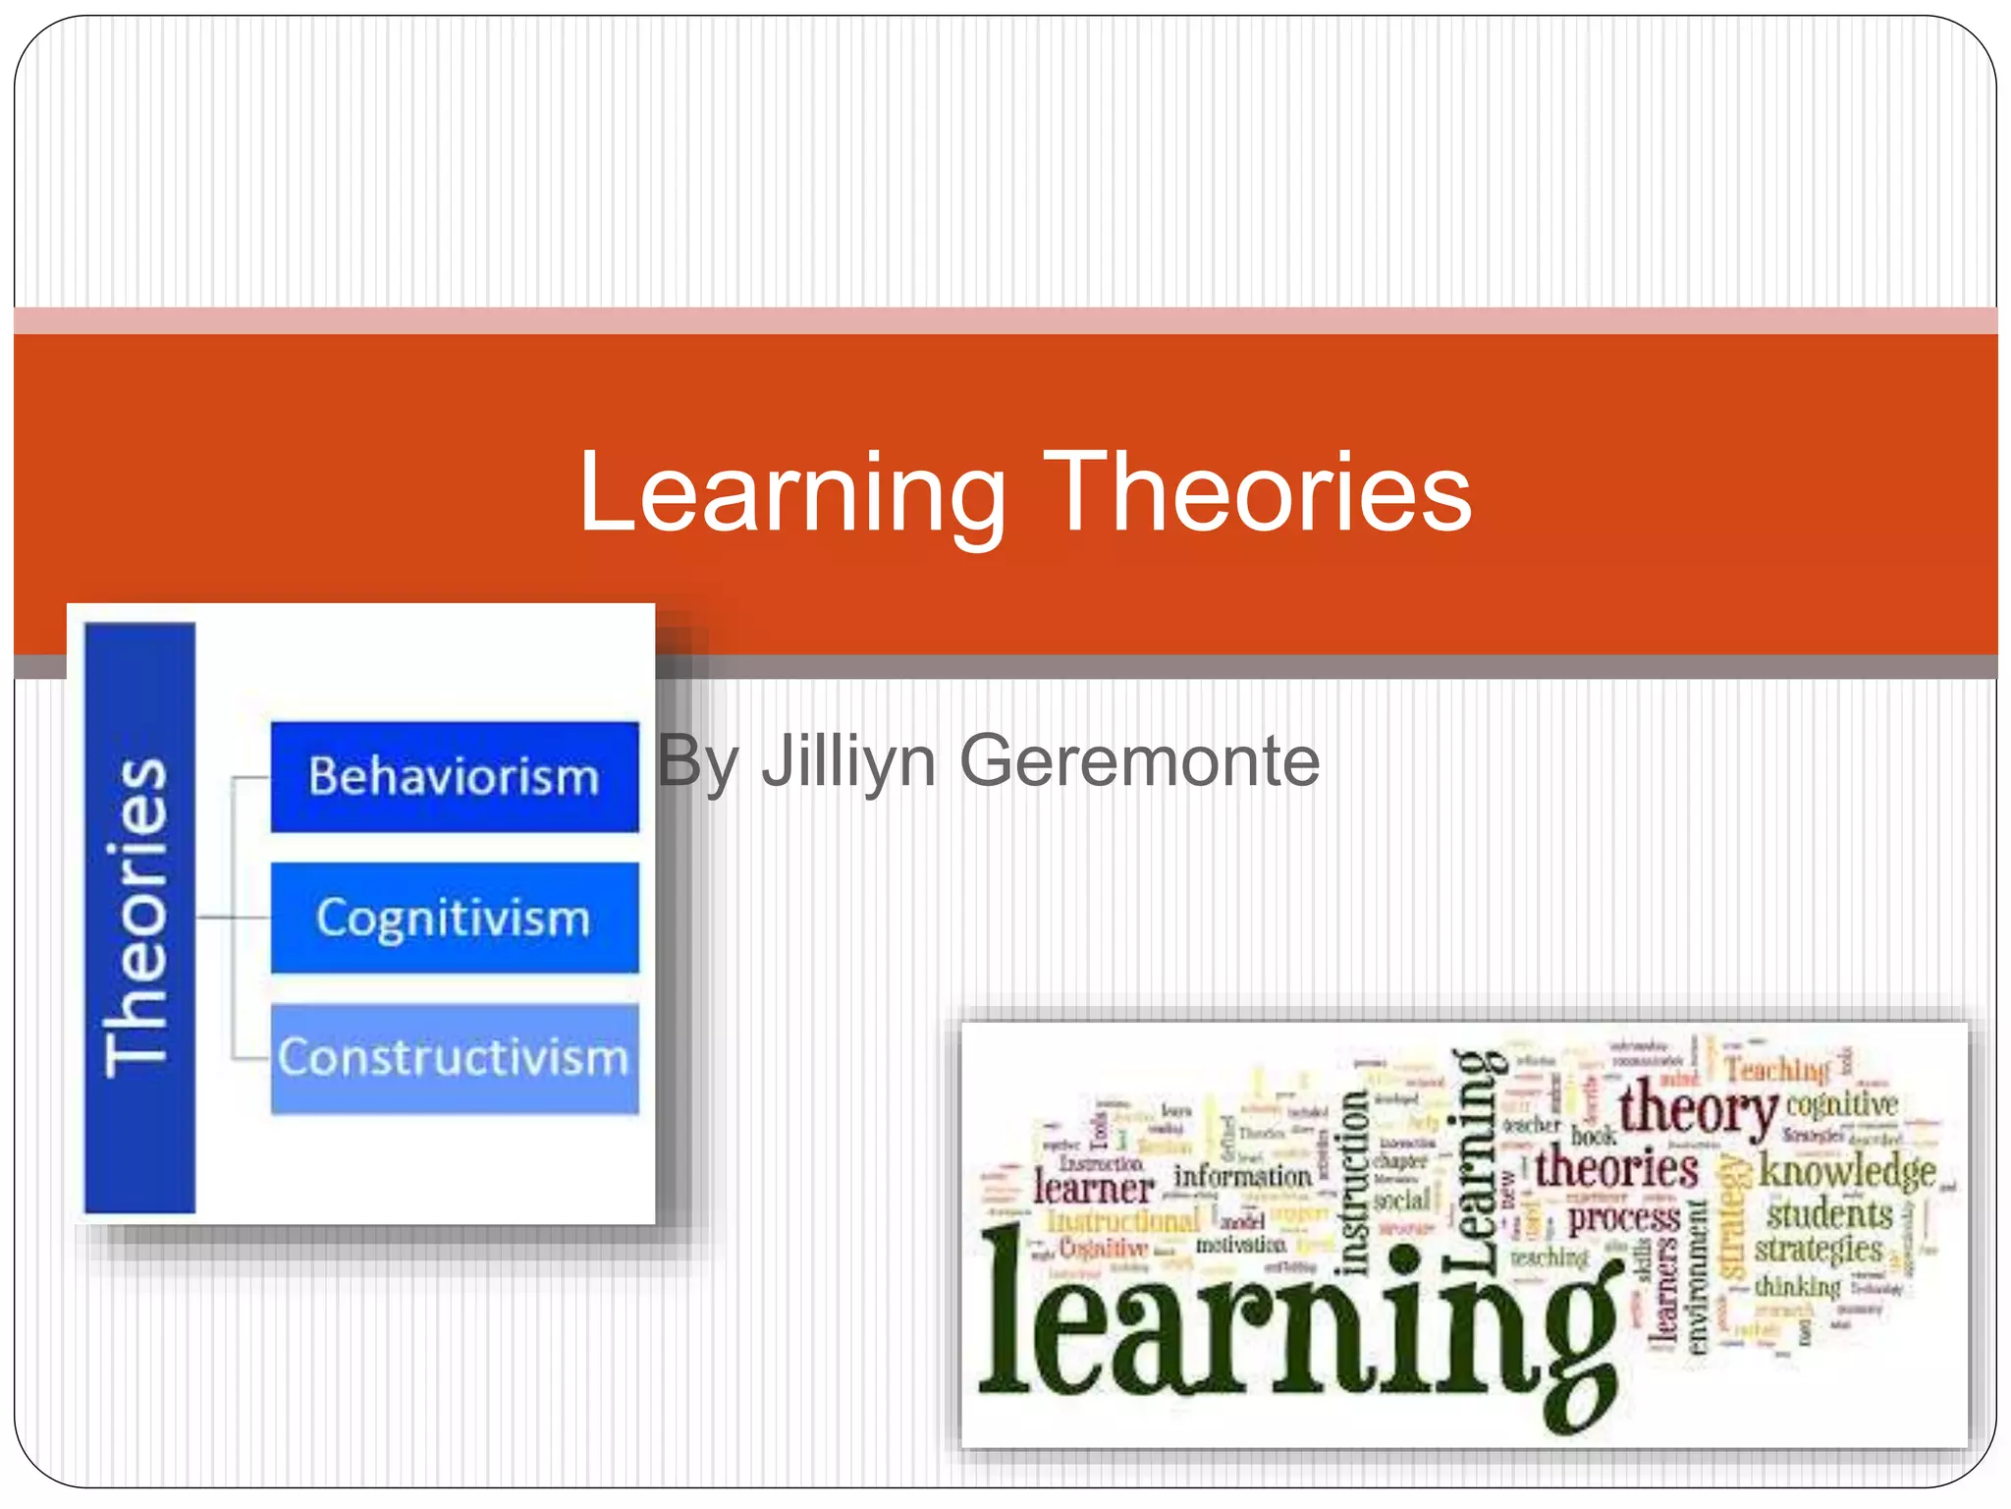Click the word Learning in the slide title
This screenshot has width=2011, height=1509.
pyautogui.click(x=791, y=493)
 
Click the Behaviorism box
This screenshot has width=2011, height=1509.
pyautogui.click(x=455, y=777)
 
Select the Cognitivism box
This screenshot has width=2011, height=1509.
pyautogui.click(x=455, y=918)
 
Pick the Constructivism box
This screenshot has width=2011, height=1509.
pyautogui.click(x=455, y=1058)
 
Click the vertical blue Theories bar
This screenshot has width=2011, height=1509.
pyautogui.click(x=139, y=918)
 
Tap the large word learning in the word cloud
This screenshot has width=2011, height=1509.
pyautogui.click(x=1296, y=1326)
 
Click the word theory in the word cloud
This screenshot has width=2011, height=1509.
pyautogui.click(x=1697, y=1110)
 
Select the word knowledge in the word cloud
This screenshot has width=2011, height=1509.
pyautogui.click(x=1846, y=1171)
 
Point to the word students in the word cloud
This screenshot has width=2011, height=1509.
pyautogui.click(x=1828, y=1214)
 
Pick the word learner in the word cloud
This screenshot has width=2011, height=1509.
pyautogui.click(x=1092, y=1189)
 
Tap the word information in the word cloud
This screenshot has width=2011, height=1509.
pyautogui.click(x=1242, y=1176)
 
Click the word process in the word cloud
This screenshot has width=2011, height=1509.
pyautogui.click(x=1623, y=1219)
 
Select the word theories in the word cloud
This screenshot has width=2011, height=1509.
pyautogui.click(x=1616, y=1169)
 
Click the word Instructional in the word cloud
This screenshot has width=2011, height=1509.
pyautogui.click(x=1124, y=1221)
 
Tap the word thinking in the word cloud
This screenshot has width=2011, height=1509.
pyautogui.click(x=1797, y=1286)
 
